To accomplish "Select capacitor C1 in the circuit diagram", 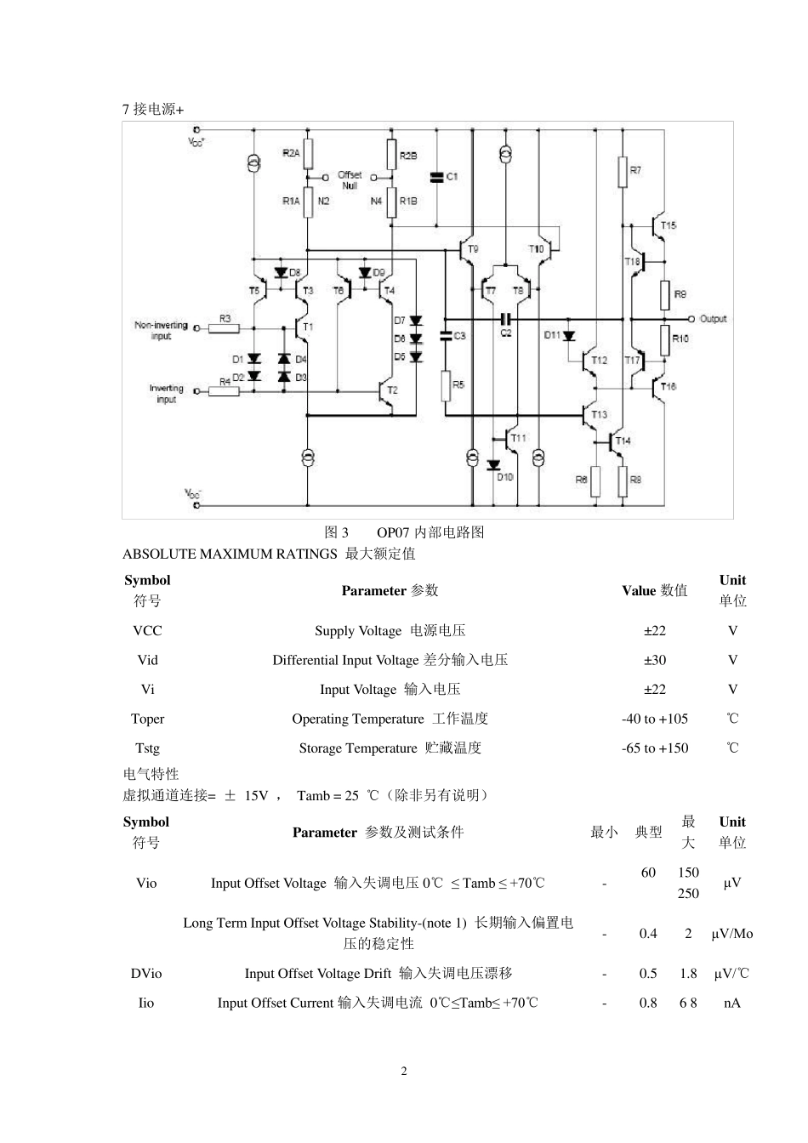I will point(436,177).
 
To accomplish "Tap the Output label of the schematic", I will point(713,319).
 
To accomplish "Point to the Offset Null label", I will point(350,179).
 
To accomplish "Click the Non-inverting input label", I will point(161,330).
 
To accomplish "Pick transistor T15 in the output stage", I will point(657,226).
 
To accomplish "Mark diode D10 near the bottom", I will point(493,465).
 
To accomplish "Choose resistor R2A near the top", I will point(308,154).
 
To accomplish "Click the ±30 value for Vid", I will point(654,660).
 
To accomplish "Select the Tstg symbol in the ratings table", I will point(147,748).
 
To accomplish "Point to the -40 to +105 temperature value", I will point(654,719).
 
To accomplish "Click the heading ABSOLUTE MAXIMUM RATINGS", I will point(230,554).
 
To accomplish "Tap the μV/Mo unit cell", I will point(731,934).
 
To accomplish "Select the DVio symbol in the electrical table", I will point(146,974).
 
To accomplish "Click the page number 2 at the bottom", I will point(404,1071).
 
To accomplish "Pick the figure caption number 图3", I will point(337,532).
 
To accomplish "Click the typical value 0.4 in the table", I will point(648,934).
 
